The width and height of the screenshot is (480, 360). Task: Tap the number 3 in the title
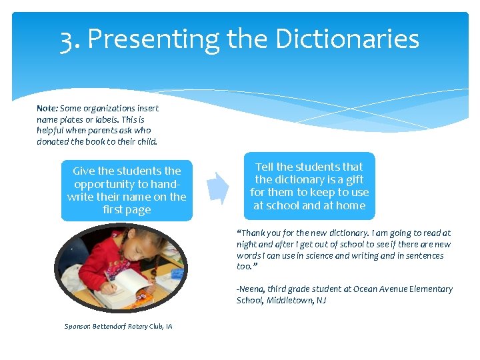(67, 40)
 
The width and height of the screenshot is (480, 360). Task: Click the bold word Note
(47, 108)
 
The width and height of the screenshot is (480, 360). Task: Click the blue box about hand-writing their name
(127, 190)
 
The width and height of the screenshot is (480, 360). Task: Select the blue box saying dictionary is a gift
(309, 186)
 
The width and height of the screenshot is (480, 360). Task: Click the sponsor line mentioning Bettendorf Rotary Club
(118, 326)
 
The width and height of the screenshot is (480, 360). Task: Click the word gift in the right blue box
(353, 179)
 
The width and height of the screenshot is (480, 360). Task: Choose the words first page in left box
(127, 210)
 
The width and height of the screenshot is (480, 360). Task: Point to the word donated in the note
(53, 141)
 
